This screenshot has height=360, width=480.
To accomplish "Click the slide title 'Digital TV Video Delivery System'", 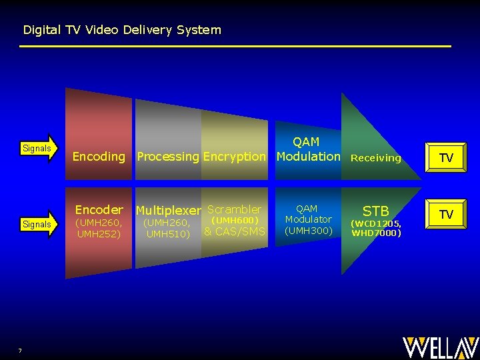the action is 122,30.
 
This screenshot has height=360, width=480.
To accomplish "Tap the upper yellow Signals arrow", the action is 39,148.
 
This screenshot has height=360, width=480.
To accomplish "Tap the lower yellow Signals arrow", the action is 39,224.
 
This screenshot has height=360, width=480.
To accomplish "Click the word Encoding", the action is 99,157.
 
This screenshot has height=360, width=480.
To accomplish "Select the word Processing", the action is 168,157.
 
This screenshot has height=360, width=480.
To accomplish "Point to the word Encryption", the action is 235,157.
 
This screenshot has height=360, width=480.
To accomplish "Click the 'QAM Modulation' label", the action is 308,149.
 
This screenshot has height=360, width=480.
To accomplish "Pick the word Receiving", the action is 376,158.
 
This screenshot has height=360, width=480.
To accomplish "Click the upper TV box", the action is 446,157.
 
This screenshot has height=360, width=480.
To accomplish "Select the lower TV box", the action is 446,214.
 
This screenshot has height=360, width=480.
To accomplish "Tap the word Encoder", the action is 99,209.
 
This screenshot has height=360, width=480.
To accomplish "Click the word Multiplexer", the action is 169,211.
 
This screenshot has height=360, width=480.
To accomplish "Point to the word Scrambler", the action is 235,209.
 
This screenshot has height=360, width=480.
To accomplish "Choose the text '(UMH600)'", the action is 235,220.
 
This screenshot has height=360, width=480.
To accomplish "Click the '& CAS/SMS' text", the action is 235,231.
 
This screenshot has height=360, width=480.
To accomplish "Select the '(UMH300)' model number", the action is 308,231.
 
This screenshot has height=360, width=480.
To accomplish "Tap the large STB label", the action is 376,211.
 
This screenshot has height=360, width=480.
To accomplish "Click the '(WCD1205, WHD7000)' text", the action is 376,228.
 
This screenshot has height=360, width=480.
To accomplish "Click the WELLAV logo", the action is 441,347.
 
